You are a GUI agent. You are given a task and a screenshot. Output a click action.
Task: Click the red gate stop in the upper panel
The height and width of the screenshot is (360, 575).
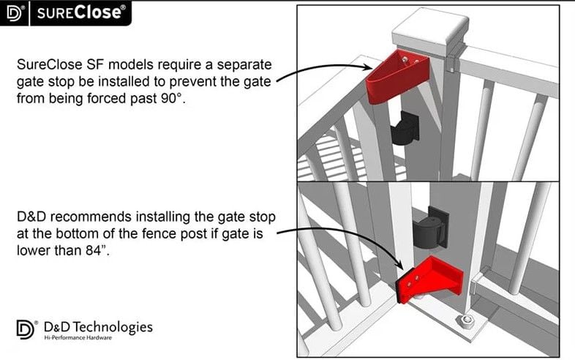tap(397, 77)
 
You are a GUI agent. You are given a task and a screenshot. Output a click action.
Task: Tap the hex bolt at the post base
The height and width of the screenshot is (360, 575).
tap(465, 322)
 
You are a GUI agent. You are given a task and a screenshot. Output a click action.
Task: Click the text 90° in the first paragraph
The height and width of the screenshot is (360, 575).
tap(172, 98)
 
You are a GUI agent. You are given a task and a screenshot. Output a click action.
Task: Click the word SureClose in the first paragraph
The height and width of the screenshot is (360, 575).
tap(50, 64)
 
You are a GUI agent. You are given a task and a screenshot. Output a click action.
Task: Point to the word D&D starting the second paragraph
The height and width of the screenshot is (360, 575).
tap(31, 217)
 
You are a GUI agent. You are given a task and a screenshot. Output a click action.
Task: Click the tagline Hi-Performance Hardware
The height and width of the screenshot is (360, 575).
tap(78, 337)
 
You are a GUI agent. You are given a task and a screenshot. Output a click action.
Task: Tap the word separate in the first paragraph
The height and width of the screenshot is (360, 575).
tap(244, 65)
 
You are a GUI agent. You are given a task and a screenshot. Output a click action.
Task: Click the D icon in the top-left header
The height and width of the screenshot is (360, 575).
tap(15, 13)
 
